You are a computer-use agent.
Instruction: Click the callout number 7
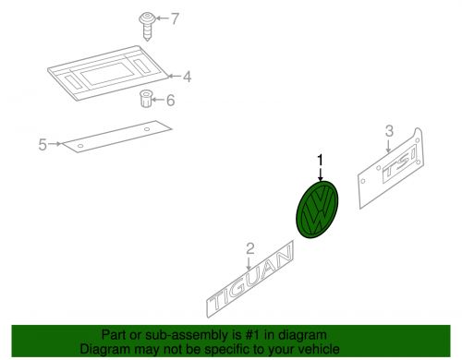pos(175,18)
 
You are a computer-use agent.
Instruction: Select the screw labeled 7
pos(147,27)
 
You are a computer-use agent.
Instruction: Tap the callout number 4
pos(187,77)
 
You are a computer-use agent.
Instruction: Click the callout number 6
pos(171,101)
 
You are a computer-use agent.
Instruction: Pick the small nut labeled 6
pos(145,99)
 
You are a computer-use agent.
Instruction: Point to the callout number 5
pos(43,145)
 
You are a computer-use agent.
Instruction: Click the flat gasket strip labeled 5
pos(116,137)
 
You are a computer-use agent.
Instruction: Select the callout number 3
pos(389,131)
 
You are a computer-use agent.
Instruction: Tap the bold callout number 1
pos(321,160)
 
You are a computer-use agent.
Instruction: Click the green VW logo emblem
pos(317,210)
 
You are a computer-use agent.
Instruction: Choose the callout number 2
pos(250,248)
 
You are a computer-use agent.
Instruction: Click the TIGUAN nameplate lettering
pos(250,280)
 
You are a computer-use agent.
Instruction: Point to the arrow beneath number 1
pos(321,174)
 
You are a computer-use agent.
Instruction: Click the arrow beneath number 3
pos(388,146)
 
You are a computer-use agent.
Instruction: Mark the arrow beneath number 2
pos(249,264)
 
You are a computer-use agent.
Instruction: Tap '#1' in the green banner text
pos(252,335)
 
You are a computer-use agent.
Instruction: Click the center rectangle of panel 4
pos(108,74)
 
